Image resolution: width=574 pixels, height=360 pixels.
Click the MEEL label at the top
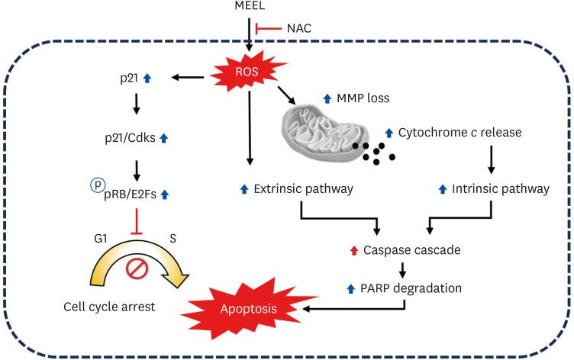click(x=251, y=7)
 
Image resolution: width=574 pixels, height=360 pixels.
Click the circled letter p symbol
click(x=97, y=185)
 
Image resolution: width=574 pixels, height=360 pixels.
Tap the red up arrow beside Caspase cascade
click(x=353, y=249)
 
